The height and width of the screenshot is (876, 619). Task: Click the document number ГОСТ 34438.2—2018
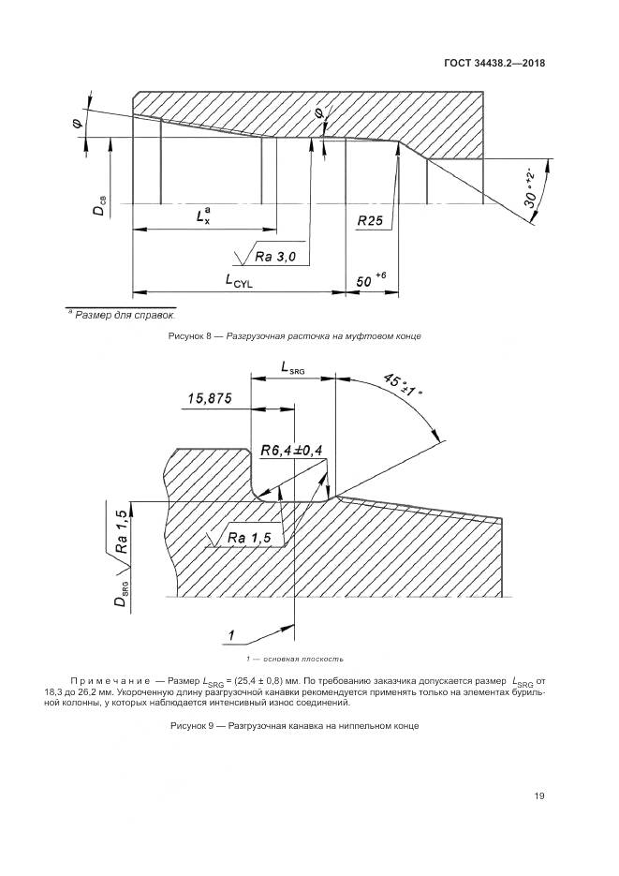(493, 64)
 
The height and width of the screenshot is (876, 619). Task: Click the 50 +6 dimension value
(372, 279)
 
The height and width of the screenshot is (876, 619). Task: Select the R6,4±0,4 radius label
(291, 451)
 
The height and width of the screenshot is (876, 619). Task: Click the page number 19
(539, 797)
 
